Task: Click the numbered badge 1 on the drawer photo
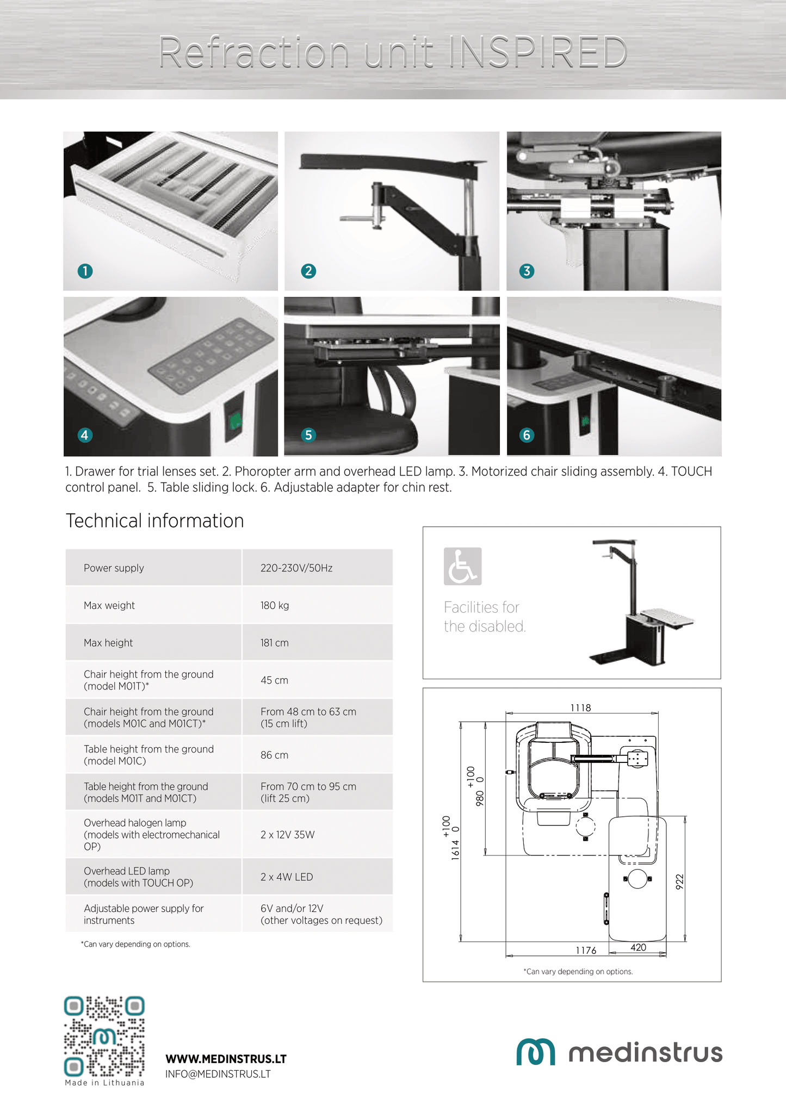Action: click(85, 271)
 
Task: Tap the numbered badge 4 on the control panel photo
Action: click(85, 435)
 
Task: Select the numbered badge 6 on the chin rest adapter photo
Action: click(527, 435)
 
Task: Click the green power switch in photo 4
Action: click(236, 420)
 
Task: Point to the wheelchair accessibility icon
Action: click(462, 566)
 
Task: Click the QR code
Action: click(104, 1036)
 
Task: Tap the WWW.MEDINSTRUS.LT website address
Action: click(226, 1059)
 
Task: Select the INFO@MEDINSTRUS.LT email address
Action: click(218, 1074)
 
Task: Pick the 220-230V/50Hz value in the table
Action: click(296, 568)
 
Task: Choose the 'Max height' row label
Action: click(108, 643)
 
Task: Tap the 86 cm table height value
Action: click(274, 755)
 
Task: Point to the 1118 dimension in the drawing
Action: click(580, 707)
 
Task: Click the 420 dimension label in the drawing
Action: click(638, 947)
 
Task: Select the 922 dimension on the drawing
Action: click(679, 882)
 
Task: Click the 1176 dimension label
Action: click(586, 950)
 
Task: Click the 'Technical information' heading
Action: click(155, 520)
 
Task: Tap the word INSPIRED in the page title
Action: click(536, 52)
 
